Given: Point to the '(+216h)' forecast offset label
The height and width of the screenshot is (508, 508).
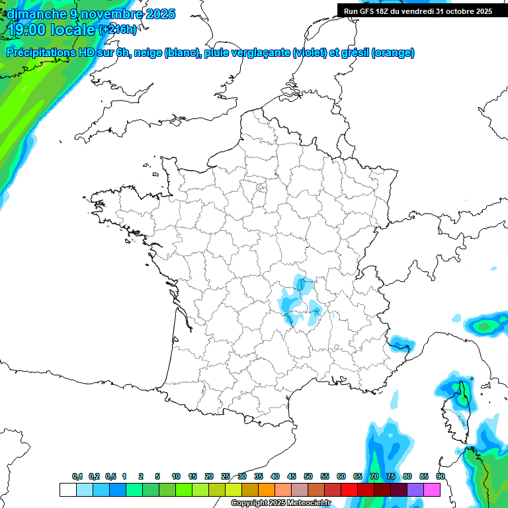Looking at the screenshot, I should pos(118,30).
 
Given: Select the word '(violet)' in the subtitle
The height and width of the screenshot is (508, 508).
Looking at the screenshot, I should pos(310,53).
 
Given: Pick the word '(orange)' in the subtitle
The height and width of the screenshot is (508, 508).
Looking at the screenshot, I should pos(393,53).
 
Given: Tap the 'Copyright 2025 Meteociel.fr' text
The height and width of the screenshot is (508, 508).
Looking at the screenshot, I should pos(280,503).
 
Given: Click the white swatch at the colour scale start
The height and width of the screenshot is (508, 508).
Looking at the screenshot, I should pos(67,489).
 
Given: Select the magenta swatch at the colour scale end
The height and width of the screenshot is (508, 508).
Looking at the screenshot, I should pos(432,489).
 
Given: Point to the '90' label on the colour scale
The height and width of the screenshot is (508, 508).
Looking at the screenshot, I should pos(440,476).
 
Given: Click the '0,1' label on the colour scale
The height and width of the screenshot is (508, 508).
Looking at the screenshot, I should pos(77,476).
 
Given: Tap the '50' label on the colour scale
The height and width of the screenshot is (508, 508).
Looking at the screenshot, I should pos(308,476).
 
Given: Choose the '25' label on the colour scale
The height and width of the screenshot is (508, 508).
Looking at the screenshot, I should pos(226,476).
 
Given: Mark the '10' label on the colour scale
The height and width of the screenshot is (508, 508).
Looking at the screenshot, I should pos(176,476).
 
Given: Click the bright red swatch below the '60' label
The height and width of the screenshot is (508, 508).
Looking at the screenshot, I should pos(349,489).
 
